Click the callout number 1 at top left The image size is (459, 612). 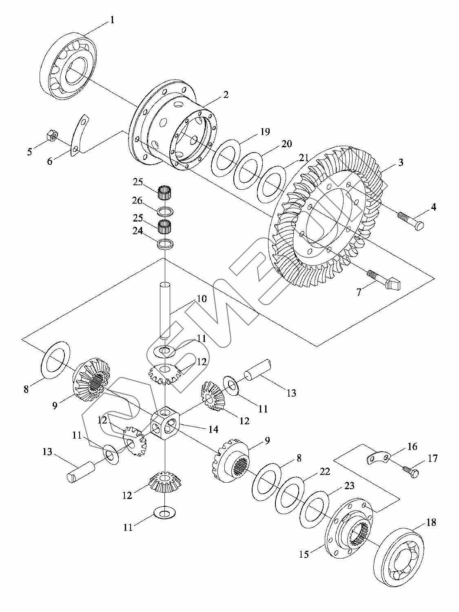pos(112,20)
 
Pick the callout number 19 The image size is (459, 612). pos(265,131)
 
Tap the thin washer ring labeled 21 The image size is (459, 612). pos(271,184)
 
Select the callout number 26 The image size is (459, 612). pos(137,200)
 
